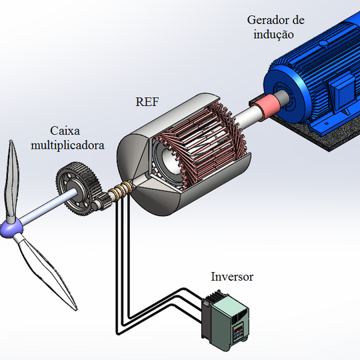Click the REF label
click(147, 102)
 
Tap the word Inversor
click(232, 277)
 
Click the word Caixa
click(65, 131)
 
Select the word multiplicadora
click(67, 145)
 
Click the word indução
click(273, 35)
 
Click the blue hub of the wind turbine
click(11, 229)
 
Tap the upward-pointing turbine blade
click(11, 181)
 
